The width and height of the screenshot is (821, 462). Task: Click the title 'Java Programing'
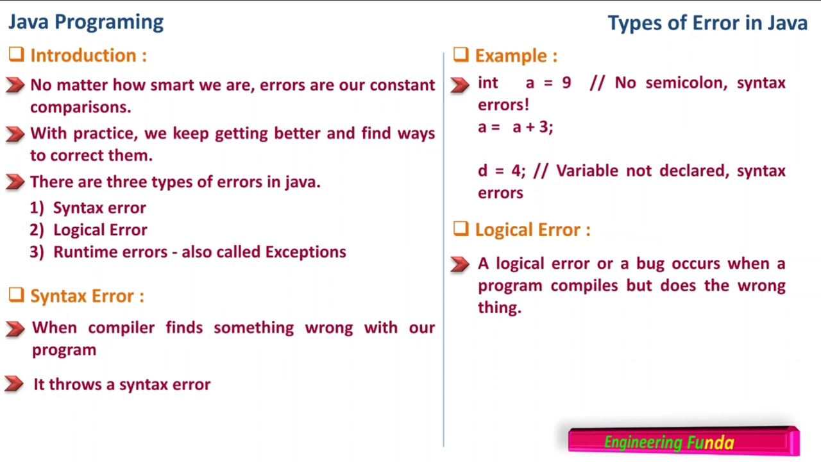[86, 22]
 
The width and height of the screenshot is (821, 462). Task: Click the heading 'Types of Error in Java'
[707, 23]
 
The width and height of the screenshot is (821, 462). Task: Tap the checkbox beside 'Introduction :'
[17, 55]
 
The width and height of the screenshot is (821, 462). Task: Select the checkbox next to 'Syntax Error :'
[17, 295]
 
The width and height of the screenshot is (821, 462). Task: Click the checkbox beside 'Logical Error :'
[461, 229]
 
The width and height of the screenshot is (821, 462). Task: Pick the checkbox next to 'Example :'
[461, 55]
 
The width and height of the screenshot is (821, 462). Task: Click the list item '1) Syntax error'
[88, 208]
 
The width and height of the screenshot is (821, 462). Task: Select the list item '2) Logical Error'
[89, 230]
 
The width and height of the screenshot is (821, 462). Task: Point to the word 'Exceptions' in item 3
[305, 252]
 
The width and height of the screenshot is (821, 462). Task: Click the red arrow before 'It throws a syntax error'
[14, 384]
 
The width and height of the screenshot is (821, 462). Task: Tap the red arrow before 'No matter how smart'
[15, 85]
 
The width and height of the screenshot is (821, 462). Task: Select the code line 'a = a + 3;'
[515, 127]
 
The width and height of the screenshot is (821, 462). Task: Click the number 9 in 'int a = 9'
[566, 83]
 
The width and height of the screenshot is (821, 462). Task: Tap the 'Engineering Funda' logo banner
[683, 441]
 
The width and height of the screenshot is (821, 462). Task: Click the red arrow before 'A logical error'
[460, 264]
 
